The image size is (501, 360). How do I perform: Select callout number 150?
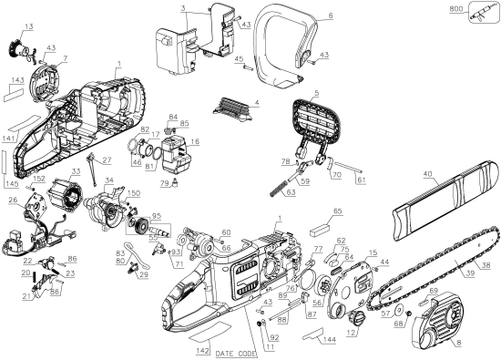(x=133, y=194)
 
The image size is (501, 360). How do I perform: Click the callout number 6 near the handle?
(x=330, y=15)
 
